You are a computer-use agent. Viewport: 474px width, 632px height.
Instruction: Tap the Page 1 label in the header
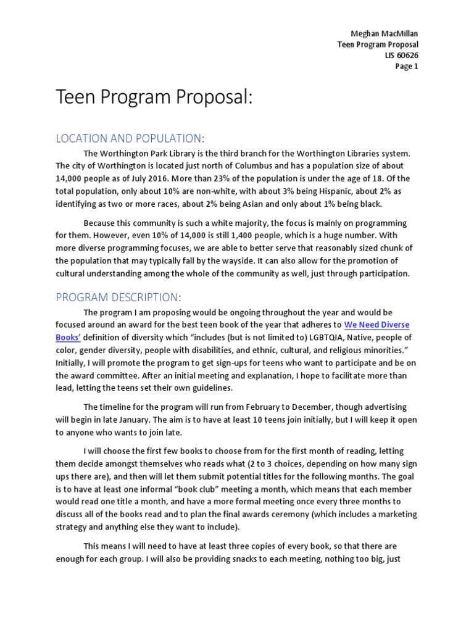(407, 67)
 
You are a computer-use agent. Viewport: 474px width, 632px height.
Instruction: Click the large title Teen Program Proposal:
(154, 97)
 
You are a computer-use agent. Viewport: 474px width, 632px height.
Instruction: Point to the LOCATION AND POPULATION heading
(129, 138)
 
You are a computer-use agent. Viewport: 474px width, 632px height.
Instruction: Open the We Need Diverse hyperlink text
(376, 325)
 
